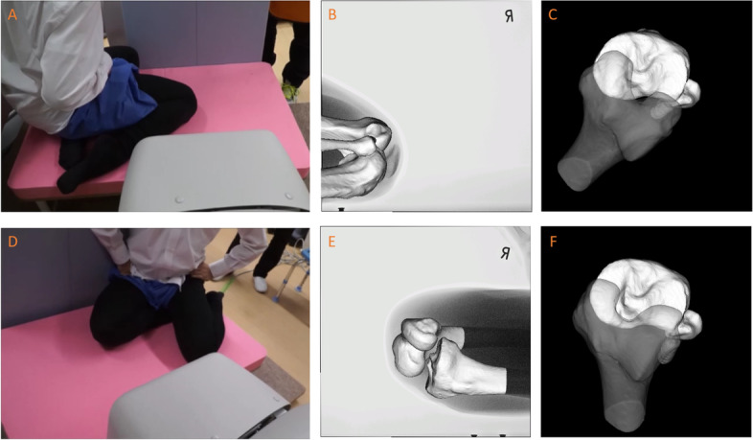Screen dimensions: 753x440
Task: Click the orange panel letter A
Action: (12, 15)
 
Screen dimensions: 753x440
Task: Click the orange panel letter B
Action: (331, 15)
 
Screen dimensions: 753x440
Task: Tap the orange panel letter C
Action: (552, 15)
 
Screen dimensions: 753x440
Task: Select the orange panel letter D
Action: (12, 242)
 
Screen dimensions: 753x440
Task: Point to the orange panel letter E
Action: (331, 242)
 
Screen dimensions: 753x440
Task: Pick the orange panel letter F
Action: (552, 242)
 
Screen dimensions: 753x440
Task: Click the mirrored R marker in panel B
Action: (509, 17)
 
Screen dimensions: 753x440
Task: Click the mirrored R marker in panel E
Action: (504, 254)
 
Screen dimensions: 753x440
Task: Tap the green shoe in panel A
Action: (289, 91)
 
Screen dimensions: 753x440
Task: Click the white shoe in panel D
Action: (261, 284)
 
